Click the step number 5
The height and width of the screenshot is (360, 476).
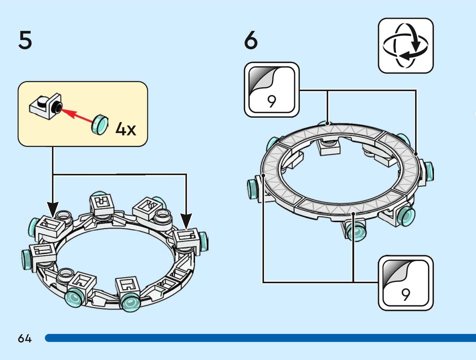coord(25,40)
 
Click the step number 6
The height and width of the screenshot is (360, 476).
coord(251,40)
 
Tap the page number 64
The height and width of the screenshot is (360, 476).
coord(24,338)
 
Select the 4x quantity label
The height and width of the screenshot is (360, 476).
coord(126,129)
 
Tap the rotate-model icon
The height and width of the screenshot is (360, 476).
coord(406,46)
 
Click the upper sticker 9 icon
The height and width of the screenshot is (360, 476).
coord(272,90)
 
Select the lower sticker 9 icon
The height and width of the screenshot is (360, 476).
coord(406,283)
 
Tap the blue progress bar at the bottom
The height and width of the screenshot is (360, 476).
coord(260,338)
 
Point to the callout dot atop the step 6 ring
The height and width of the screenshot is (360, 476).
coord(328,123)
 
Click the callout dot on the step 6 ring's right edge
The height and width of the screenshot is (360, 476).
coord(416,154)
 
